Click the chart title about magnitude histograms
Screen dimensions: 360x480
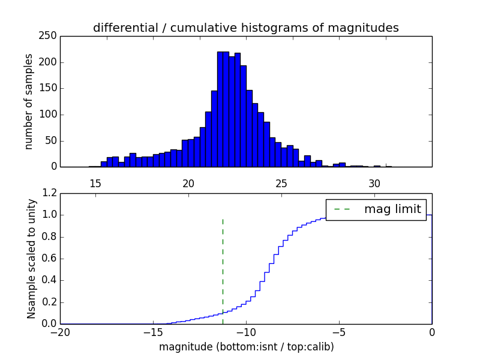[246, 28]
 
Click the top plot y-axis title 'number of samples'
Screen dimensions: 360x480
[29, 101]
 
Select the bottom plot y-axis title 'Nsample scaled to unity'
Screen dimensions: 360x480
[32, 259]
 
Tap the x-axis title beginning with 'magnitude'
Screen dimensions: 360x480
[246, 347]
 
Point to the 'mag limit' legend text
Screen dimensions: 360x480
[392, 209]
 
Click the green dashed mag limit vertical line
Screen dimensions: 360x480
[223, 264]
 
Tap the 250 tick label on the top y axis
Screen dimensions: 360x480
[49, 36]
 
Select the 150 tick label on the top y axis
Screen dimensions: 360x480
[49, 88]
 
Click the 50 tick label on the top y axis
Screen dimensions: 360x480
[52, 140]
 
